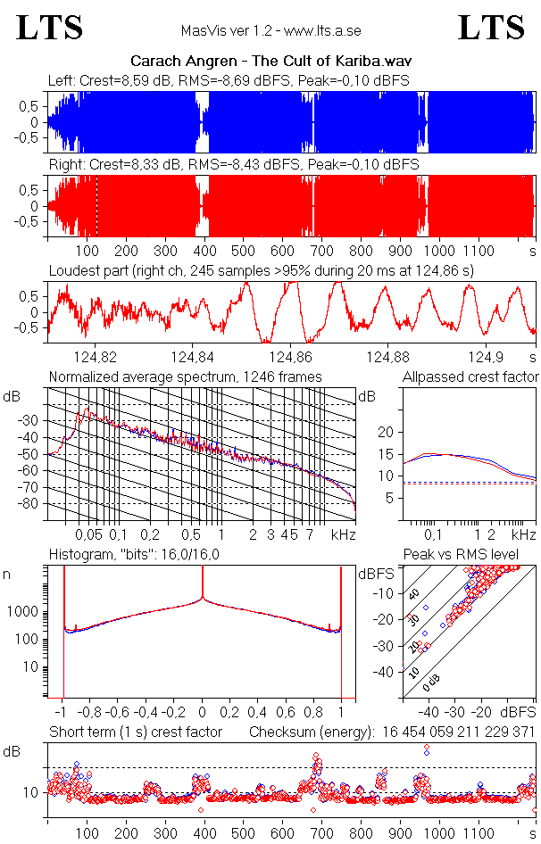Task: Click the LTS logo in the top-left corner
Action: (50, 28)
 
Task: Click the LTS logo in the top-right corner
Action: (491, 28)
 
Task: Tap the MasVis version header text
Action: (270, 31)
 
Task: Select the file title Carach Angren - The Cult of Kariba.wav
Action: (270, 61)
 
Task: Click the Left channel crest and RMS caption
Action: (229, 81)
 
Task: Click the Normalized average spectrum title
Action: (186, 376)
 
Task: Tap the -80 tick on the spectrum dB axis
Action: (30, 504)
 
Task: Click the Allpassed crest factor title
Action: (470, 376)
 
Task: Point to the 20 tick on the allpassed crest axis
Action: (387, 432)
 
